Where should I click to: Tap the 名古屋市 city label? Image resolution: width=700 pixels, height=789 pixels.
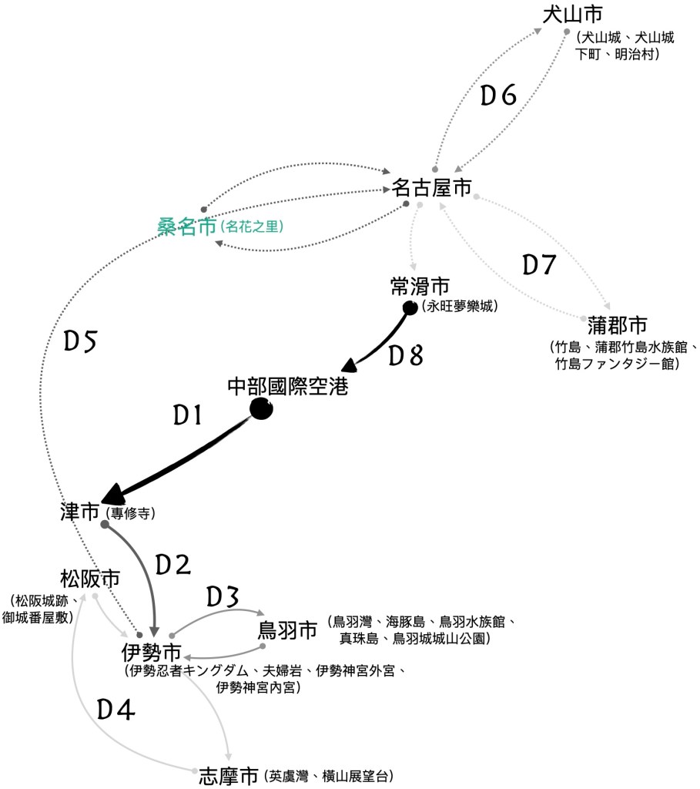(431, 187)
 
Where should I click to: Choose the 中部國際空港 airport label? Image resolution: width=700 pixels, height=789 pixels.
(288, 386)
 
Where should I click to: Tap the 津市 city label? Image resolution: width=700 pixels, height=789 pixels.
(80, 512)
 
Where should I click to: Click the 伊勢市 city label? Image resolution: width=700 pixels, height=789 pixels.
(152, 652)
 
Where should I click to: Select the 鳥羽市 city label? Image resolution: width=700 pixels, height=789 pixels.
(287, 630)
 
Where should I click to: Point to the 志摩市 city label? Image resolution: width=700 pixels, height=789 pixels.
(227, 775)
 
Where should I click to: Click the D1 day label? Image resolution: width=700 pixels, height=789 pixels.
(187, 416)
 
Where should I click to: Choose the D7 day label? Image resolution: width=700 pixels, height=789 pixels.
(539, 265)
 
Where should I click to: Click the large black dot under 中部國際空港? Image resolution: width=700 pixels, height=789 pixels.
(261, 409)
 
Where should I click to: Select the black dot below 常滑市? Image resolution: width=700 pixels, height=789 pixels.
(410, 308)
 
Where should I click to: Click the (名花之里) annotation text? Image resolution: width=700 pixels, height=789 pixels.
(252, 227)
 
